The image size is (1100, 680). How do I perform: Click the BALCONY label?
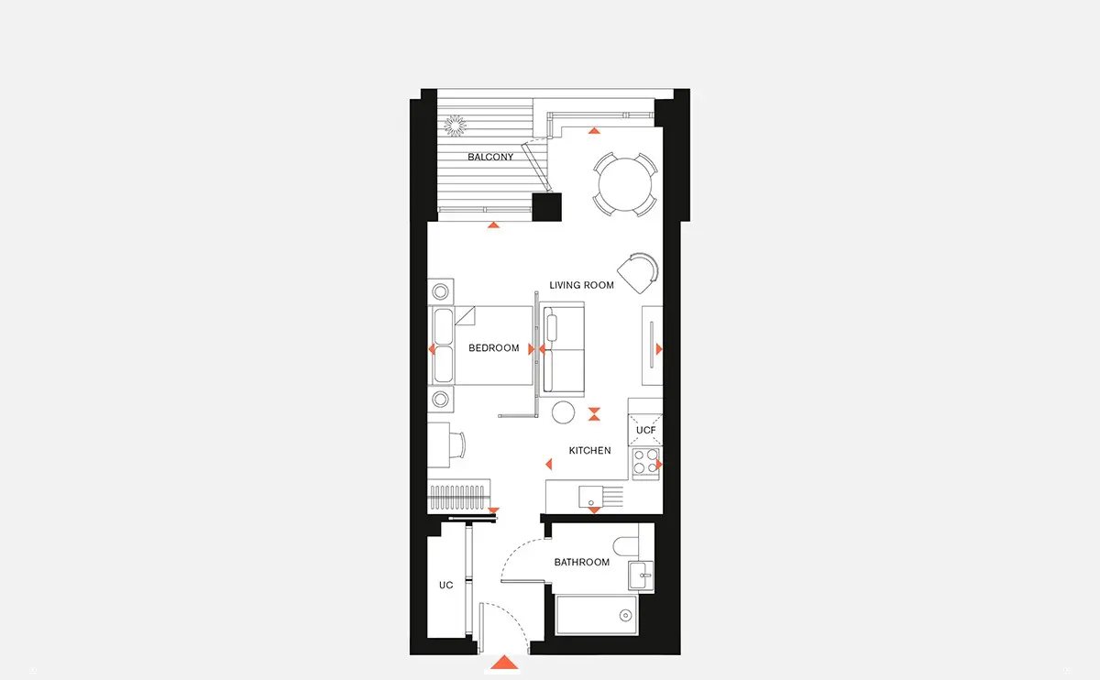(x=490, y=157)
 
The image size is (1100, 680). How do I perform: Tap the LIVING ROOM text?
(x=581, y=285)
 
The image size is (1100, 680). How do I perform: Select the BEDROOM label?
(x=493, y=348)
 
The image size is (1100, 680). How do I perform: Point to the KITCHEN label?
(x=589, y=451)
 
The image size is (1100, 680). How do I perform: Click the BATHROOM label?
(x=582, y=562)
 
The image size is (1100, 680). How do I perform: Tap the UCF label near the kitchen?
(x=645, y=431)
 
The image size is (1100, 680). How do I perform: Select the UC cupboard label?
(x=445, y=586)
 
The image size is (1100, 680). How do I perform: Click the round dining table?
(x=624, y=184)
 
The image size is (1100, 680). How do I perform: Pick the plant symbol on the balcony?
(x=456, y=126)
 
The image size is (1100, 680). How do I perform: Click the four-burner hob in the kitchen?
(x=645, y=463)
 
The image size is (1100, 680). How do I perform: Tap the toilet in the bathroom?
(x=626, y=546)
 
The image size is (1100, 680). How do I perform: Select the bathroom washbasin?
(x=642, y=576)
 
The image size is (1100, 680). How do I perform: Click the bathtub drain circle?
(x=625, y=615)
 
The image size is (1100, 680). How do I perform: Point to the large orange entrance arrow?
(x=504, y=663)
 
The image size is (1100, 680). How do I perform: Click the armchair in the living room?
(x=638, y=273)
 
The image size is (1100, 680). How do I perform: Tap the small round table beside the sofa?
(x=563, y=412)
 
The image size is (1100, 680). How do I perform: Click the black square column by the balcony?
(x=547, y=207)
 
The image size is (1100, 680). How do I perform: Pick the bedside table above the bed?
(x=441, y=291)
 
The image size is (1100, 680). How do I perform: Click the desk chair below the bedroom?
(x=457, y=445)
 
